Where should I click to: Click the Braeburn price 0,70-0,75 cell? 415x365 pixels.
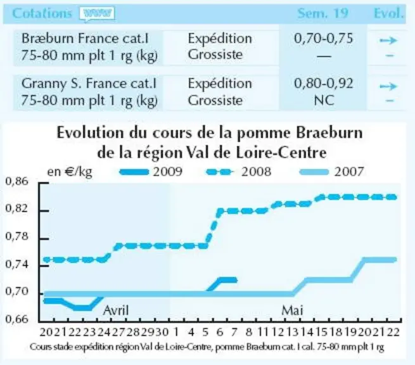point(323,39)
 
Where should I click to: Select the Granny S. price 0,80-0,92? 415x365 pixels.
point(323,84)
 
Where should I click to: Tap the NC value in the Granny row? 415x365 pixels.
point(324,100)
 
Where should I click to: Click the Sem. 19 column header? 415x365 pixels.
point(322,13)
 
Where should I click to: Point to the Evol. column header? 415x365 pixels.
point(389,13)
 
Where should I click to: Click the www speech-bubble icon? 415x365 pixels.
point(97,14)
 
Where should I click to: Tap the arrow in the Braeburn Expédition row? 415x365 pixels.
point(388,41)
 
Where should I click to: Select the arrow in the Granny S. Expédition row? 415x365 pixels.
point(388,86)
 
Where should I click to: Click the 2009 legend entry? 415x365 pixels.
point(151,172)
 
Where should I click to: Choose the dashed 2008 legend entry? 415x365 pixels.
point(239,172)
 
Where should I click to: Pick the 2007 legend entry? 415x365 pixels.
point(331,172)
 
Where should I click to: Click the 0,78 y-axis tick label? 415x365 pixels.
point(16,236)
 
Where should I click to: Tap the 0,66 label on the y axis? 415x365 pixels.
point(16,319)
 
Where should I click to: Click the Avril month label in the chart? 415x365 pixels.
point(116,311)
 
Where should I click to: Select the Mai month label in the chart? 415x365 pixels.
point(292,311)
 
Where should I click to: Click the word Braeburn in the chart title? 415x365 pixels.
point(329,132)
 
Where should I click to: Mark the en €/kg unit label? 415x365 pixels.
point(70,172)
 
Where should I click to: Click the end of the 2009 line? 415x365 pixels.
point(236,280)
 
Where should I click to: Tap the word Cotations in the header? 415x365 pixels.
point(42,13)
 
